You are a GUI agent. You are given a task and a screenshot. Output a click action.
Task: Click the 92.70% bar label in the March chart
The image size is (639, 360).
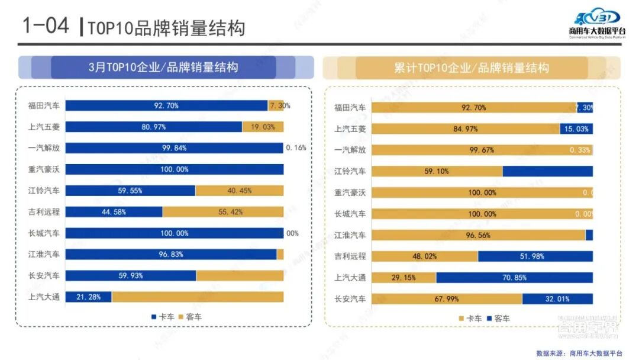pos(166,106)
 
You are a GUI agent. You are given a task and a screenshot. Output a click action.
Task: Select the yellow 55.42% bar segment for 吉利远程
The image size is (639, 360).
pos(223,212)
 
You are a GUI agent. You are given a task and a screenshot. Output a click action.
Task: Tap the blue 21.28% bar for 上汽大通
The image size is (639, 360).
pos(89,297)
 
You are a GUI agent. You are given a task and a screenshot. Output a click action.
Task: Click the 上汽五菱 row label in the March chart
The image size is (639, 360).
pos(44,127)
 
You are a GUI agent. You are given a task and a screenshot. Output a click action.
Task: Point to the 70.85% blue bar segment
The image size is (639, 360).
pos(514,278)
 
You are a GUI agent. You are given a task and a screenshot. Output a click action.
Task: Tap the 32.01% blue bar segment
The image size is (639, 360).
pos(557,299)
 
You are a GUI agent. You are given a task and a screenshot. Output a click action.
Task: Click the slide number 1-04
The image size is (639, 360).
pos(45,26)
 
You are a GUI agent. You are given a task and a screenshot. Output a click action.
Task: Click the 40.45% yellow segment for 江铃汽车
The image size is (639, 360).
pos(239,191)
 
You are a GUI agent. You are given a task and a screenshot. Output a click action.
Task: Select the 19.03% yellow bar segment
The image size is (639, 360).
pos(263,127)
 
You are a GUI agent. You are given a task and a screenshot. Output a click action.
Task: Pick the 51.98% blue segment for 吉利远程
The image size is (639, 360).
pos(535,256)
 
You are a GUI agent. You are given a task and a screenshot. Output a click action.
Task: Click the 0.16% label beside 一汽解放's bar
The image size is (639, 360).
pos(296,148)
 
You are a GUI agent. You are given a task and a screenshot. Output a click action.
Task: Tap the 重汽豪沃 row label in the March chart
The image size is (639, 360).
pos(44,169)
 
